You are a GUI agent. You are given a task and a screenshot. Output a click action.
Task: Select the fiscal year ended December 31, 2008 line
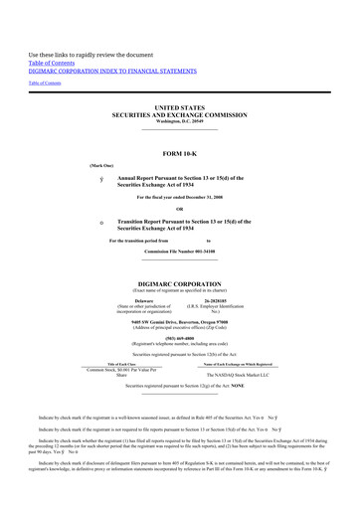tap(179, 197)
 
